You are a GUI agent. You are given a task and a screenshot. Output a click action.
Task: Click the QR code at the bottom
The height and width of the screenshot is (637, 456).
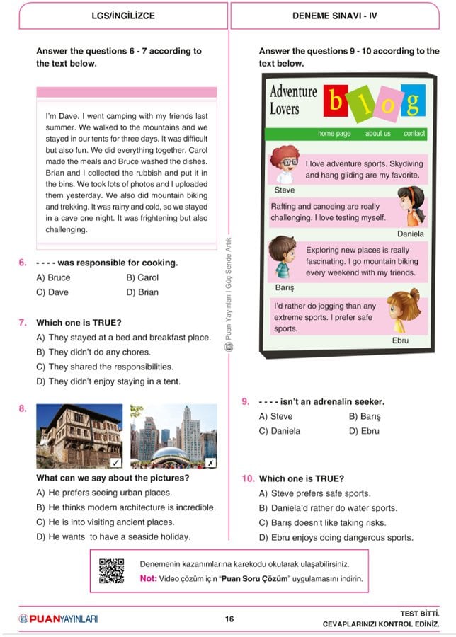click(111, 570)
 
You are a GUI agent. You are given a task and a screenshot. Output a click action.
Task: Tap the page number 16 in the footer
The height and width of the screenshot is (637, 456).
click(229, 619)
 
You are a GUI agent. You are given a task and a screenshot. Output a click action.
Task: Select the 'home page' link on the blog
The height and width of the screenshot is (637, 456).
click(334, 133)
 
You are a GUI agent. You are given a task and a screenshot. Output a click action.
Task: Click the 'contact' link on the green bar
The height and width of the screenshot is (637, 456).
click(414, 133)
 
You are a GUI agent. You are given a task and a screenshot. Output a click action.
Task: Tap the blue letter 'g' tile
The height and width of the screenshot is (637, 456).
click(413, 101)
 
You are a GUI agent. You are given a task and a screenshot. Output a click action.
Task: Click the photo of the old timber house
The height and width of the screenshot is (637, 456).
click(79, 437)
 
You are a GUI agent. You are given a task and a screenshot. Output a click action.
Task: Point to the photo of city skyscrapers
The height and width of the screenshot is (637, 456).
click(173, 437)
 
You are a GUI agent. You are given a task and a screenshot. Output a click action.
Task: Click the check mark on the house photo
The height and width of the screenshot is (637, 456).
click(116, 463)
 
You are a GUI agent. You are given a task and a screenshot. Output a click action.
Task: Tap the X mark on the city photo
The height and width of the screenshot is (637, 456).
click(210, 463)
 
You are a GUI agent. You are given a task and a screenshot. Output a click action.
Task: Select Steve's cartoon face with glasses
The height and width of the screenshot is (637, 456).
click(285, 165)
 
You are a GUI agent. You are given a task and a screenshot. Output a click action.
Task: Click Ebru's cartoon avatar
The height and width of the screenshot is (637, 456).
click(404, 311)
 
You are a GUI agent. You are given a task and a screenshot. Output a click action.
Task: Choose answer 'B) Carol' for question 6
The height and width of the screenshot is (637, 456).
click(142, 277)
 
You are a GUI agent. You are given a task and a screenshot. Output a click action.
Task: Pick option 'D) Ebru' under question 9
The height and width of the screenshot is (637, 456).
click(364, 431)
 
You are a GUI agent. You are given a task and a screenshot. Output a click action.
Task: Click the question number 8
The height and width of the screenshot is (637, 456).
click(23, 408)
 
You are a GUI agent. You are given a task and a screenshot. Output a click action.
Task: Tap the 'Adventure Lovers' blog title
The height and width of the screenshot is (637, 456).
click(293, 100)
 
